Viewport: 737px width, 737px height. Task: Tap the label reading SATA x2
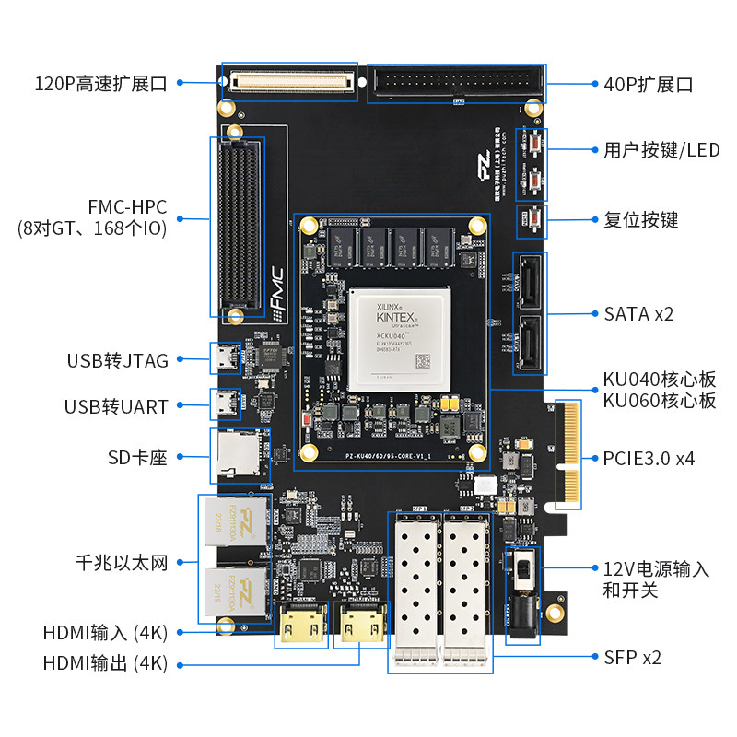click(x=638, y=313)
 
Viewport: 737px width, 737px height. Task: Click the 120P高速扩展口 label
click(x=100, y=84)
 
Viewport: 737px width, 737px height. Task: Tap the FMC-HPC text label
click(x=113, y=208)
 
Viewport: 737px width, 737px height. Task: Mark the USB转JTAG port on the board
click(x=226, y=357)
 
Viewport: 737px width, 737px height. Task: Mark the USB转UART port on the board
click(x=226, y=404)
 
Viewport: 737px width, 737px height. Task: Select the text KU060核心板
click(x=659, y=401)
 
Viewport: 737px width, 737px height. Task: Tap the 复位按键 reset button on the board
click(x=533, y=219)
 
